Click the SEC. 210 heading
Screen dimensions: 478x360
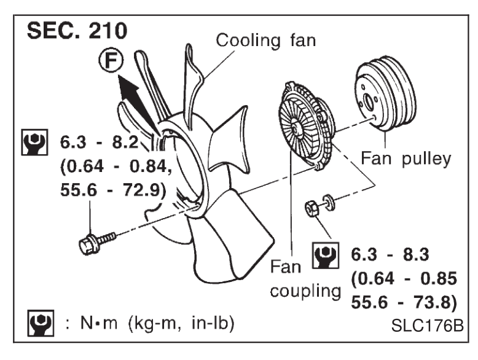coord(77,31)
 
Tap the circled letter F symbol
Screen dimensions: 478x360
coord(111,60)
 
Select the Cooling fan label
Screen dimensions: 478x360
coord(265,40)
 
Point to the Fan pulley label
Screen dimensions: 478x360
coord(406,158)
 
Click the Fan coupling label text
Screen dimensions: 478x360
coord(305,279)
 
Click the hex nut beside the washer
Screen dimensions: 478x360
coord(312,208)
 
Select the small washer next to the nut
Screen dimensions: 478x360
coord(329,202)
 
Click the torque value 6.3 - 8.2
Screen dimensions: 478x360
coord(99,142)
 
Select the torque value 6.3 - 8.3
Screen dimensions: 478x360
coord(390,254)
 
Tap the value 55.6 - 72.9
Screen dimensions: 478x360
coord(113,190)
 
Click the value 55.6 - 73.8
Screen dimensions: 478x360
coord(404,302)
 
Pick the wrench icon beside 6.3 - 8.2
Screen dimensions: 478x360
coord(34,143)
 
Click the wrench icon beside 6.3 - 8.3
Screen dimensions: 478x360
coord(325,255)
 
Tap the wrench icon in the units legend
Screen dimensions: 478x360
coord(41,323)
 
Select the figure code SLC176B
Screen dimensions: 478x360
coord(428,326)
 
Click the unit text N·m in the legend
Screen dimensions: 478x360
coord(99,323)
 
